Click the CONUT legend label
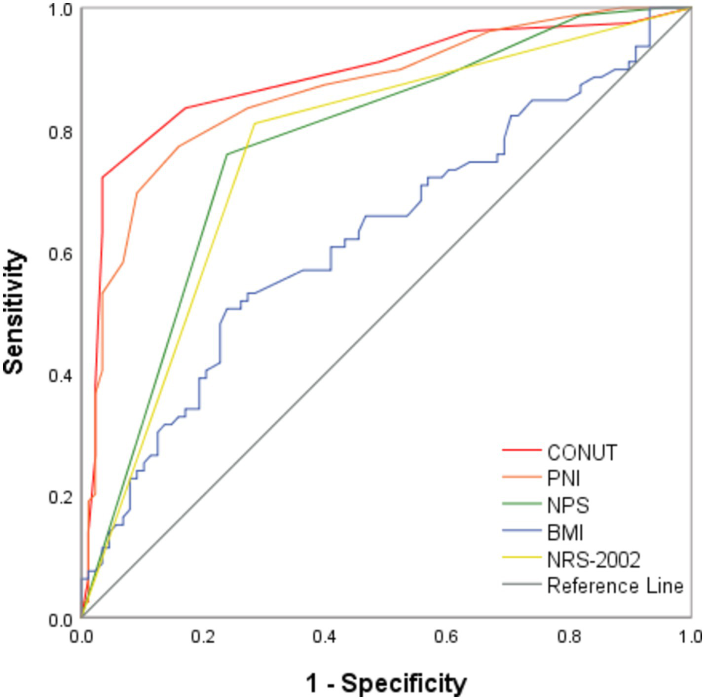(582, 452)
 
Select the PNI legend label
(563, 478)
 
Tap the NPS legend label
(568, 505)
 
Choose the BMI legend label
(565, 533)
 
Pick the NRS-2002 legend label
(594, 560)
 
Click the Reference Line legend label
(615, 586)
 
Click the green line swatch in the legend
(521, 504)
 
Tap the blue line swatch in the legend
(521, 531)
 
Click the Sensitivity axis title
(14, 312)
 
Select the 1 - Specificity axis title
(386, 683)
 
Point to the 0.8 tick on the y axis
(60, 132)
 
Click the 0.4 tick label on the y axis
(60, 375)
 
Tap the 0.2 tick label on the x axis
(203, 637)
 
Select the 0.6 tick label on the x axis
(446, 637)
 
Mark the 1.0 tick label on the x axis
(690, 637)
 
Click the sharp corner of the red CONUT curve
(103, 177)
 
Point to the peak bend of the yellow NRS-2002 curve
(254, 123)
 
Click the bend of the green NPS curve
(227, 154)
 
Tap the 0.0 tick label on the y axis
(60, 619)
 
